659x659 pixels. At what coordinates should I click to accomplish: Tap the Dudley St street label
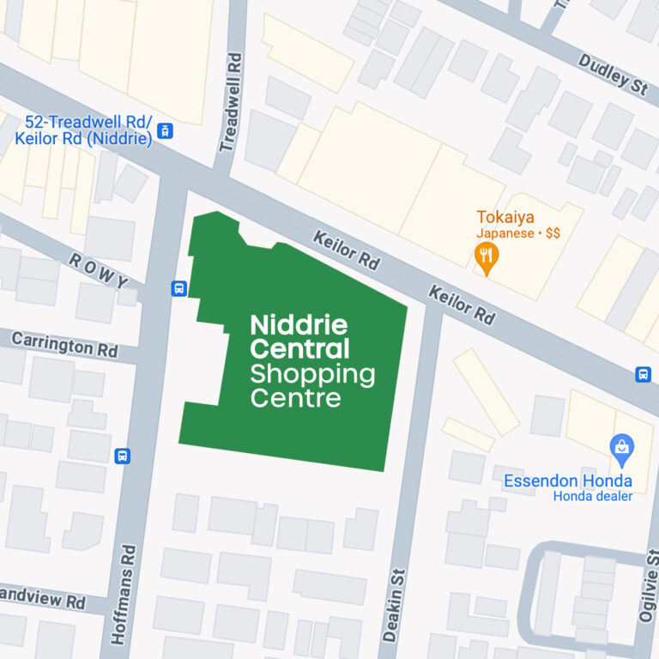[611, 73]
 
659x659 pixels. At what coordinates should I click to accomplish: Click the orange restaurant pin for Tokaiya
[487, 257]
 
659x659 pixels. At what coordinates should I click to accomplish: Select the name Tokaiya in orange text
[505, 217]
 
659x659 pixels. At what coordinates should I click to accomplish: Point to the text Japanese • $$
[518, 233]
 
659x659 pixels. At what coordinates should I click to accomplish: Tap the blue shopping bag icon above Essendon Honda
[621, 447]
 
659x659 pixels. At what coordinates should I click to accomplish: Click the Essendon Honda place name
[567, 481]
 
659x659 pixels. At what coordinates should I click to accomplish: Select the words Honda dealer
[592, 496]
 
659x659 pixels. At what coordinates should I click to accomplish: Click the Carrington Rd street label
[64, 345]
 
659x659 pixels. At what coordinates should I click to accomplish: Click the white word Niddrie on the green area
[299, 325]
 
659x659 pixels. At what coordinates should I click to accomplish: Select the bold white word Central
[299, 349]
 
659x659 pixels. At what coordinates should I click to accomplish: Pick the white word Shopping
[312, 374]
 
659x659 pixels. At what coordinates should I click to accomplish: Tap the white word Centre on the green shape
[295, 398]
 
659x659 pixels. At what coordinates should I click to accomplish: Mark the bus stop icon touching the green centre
[179, 288]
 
